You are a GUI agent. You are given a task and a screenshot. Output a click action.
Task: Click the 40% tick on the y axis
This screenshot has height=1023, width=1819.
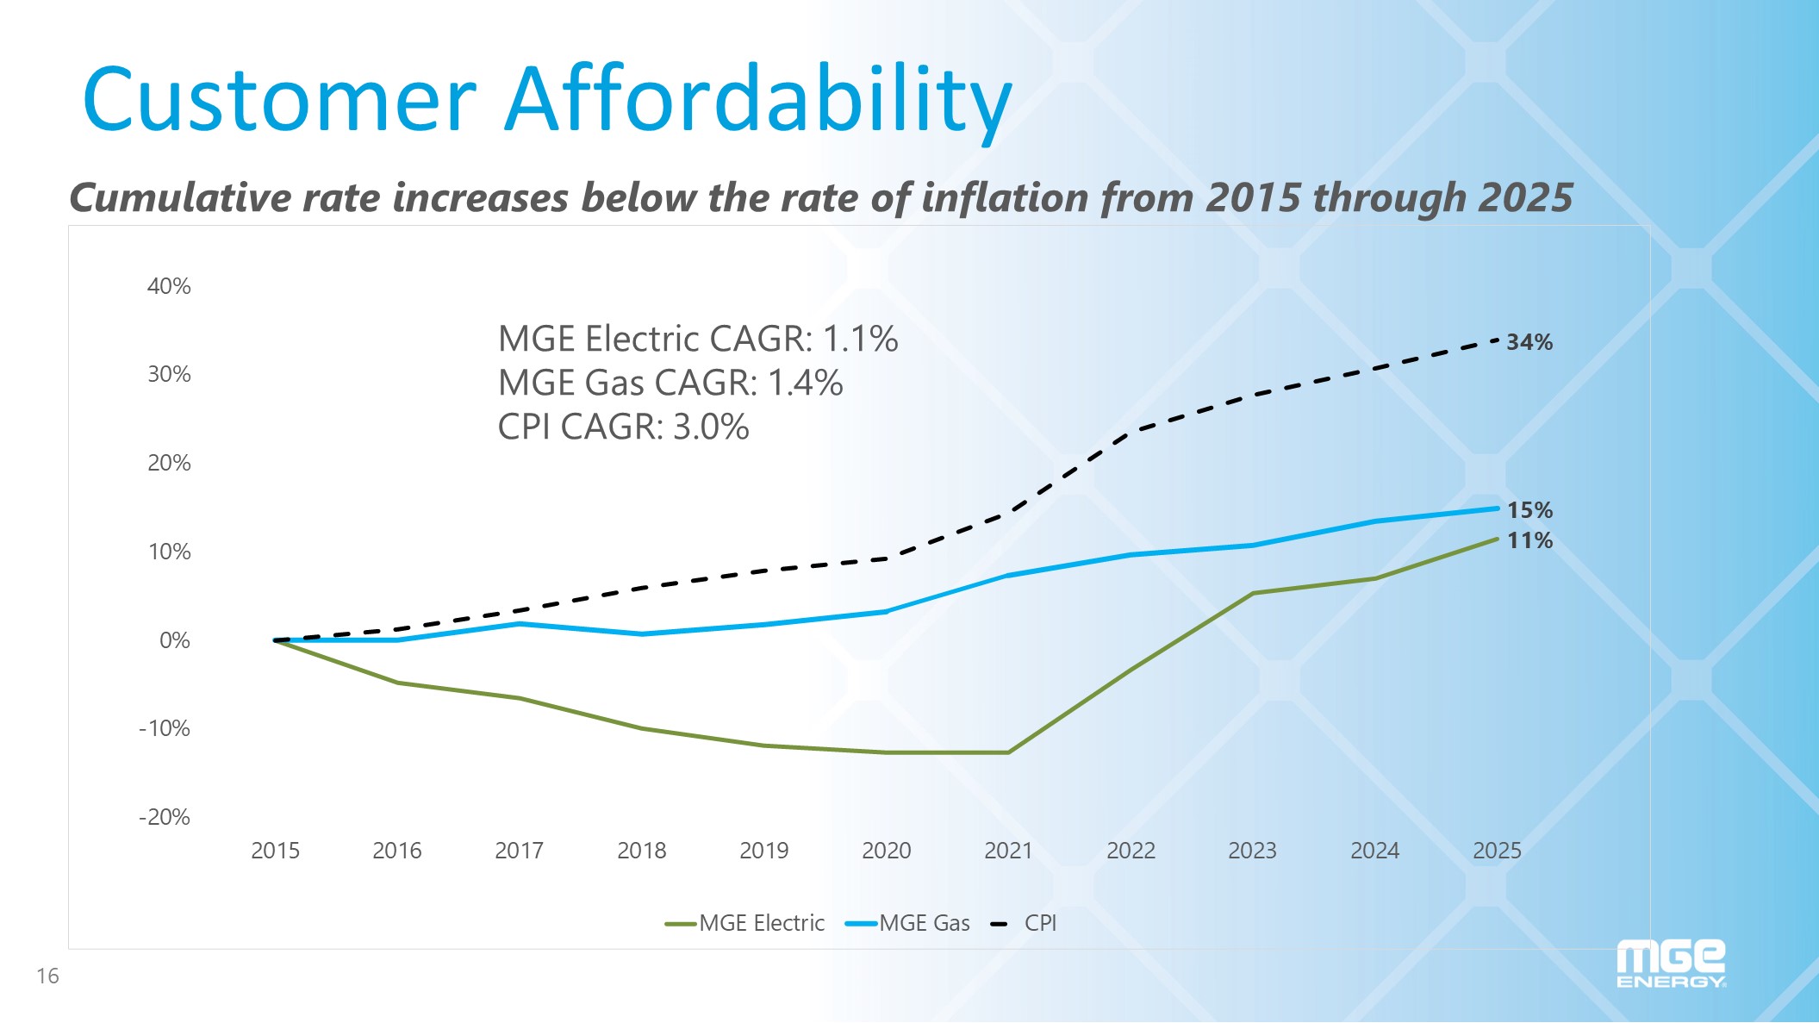[169, 286]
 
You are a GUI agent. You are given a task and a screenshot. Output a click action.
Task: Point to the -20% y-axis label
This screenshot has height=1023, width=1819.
[165, 817]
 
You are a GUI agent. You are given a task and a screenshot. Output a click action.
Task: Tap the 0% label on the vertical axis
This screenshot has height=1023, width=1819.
[175, 640]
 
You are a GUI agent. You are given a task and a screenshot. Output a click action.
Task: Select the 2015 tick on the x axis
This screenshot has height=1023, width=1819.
[275, 851]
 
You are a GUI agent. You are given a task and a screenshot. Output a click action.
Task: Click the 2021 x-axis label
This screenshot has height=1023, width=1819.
[1008, 851]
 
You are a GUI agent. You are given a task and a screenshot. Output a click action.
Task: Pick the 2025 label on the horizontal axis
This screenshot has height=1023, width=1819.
[1497, 851]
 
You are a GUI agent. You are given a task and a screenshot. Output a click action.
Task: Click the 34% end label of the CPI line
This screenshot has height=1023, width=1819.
[1529, 342]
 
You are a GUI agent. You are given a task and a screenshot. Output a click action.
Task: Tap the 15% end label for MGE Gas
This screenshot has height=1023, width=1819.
[1529, 510]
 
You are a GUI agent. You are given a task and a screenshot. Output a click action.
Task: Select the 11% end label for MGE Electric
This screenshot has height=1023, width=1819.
[1529, 540]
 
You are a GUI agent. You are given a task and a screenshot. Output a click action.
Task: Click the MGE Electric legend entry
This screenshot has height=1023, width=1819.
[745, 923]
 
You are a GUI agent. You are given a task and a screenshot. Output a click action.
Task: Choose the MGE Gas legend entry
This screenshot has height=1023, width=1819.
[908, 923]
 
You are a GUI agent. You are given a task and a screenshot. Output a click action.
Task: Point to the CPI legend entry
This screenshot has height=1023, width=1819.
[1025, 923]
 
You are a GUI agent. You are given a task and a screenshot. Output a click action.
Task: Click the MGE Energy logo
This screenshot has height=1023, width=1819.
[1671, 964]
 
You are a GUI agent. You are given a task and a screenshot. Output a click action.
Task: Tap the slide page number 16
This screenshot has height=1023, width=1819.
[47, 976]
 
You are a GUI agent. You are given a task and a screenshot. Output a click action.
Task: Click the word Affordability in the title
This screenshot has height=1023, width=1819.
[758, 100]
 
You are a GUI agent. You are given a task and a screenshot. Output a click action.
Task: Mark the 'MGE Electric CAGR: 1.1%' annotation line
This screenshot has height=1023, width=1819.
[698, 339]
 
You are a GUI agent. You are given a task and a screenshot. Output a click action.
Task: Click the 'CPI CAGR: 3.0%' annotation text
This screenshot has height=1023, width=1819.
[623, 427]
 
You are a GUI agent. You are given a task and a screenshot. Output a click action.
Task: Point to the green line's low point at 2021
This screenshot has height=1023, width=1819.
[1008, 752]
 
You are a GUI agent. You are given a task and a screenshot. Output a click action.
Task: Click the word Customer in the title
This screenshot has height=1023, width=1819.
[279, 100]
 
